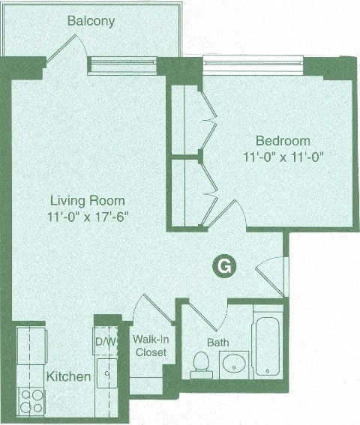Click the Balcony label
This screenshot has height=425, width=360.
pos(91,21)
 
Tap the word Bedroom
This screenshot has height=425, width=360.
pos(283,141)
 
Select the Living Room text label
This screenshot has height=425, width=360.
pos(87,201)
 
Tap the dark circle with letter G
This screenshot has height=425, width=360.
pos(222,265)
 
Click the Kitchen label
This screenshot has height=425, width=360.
pos(69,376)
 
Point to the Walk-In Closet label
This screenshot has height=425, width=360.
pos(151,345)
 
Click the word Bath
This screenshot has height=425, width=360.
pos(217,342)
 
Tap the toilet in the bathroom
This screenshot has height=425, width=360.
pos(200,364)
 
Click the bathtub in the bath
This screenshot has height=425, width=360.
pos(268,347)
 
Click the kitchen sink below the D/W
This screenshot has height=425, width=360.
pos(106,372)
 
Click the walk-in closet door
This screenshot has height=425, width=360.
pos(155,309)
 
